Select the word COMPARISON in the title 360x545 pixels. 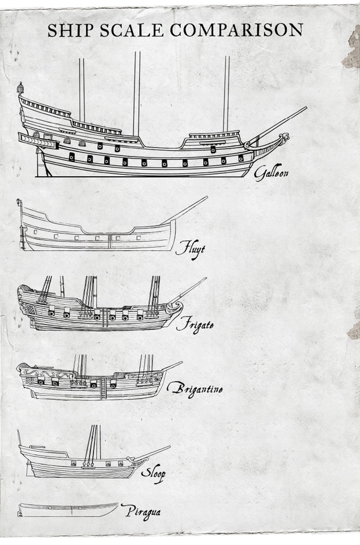(237, 30)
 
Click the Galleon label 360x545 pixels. (272, 173)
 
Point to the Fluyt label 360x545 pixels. (190, 248)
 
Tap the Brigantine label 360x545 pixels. (194, 389)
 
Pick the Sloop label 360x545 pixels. (152, 473)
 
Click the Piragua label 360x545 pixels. (140, 511)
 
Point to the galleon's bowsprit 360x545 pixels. (281, 123)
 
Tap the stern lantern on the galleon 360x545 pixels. (21, 87)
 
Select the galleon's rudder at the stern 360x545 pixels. (40, 164)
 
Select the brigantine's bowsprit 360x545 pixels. (172, 366)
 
